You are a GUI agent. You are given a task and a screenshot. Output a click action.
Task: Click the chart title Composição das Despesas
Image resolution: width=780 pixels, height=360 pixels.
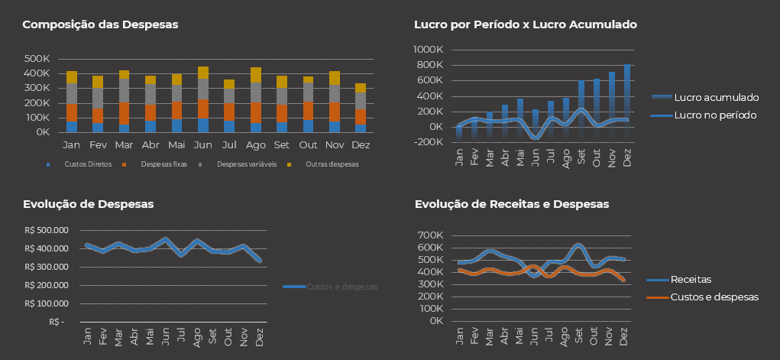pyautogui.click(x=100, y=24)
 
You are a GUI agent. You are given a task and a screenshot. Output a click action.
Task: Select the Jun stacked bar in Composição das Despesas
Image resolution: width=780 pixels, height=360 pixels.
pyautogui.click(x=202, y=99)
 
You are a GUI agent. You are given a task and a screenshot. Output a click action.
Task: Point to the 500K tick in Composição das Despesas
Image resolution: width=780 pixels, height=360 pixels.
pyautogui.click(x=37, y=59)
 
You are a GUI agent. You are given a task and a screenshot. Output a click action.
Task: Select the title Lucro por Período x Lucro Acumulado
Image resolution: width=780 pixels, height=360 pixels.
pyautogui.click(x=525, y=24)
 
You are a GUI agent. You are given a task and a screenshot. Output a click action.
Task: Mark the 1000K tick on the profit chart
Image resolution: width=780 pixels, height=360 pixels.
pyautogui.click(x=428, y=50)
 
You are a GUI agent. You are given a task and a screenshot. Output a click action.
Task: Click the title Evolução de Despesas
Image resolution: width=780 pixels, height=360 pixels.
pyautogui.click(x=88, y=204)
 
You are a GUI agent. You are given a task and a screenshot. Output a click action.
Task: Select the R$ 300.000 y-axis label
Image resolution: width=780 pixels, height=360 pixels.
pyautogui.click(x=46, y=267)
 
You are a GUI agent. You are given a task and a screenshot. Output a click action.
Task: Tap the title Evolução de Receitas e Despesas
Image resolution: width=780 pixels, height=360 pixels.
pyautogui.click(x=511, y=204)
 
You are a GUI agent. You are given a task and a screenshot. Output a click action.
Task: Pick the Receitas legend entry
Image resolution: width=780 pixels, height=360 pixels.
pyautogui.click(x=690, y=280)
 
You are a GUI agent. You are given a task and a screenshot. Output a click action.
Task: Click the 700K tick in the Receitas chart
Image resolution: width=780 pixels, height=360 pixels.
pyautogui.click(x=430, y=235)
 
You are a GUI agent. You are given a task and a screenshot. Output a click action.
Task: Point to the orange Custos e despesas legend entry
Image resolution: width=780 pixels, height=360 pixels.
pyautogui.click(x=713, y=297)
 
